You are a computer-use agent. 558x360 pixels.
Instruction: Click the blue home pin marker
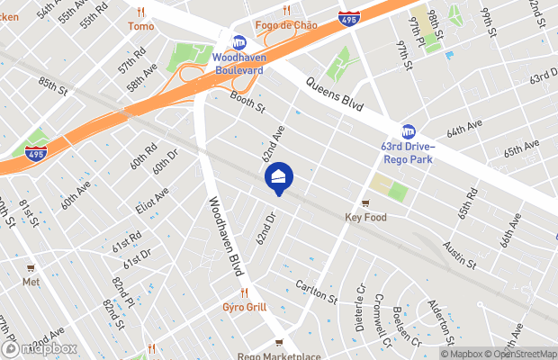[279, 176]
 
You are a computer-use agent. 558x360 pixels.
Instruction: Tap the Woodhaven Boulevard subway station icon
[239, 42]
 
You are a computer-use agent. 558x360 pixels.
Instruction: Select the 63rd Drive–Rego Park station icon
[409, 132]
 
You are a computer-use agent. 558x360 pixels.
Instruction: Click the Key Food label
[364, 217]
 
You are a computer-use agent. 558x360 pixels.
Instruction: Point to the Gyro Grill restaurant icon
[244, 293]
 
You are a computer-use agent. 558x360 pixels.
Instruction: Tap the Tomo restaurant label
[140, 26]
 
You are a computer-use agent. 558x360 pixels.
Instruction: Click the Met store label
[31, 282]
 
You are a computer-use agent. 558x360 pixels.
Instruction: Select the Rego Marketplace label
[279, 355]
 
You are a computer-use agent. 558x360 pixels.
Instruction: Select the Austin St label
[459, 254]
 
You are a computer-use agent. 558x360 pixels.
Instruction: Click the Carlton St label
[316, 292]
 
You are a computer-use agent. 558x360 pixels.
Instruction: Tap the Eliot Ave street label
[152, 203]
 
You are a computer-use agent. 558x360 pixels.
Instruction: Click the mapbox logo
[40, 348]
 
